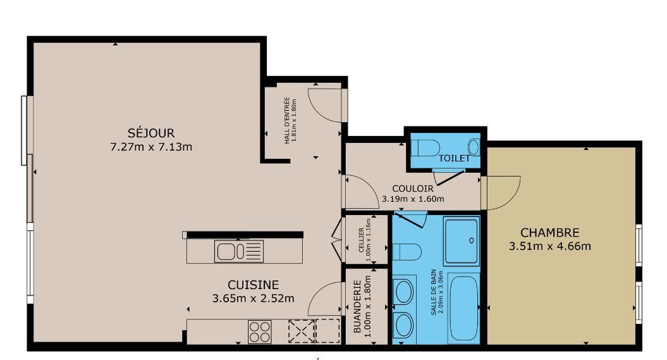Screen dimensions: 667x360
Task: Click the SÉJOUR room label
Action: pos(151,133)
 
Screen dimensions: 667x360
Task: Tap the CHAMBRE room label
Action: pos(550,233)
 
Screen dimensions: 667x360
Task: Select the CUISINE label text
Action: pos(253,285)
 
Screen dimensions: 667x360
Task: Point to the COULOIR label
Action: pos(413,189)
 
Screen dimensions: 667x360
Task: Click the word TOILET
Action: pos(455,158)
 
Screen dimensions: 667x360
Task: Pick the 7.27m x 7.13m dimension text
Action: pos(151,147)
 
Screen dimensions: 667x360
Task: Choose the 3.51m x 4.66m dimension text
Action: pos(550,246)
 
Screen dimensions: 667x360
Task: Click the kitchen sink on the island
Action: pos(238,251)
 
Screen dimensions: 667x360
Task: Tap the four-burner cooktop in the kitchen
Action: pos(259,332)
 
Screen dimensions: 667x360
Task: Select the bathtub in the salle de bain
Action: pos(463,308)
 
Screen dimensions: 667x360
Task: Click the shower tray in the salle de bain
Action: pos(462,241)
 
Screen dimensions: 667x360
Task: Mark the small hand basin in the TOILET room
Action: pos(474,147)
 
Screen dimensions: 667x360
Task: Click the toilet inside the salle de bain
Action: pos(407,251)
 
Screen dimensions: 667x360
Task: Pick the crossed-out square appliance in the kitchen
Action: pos(302,331)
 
